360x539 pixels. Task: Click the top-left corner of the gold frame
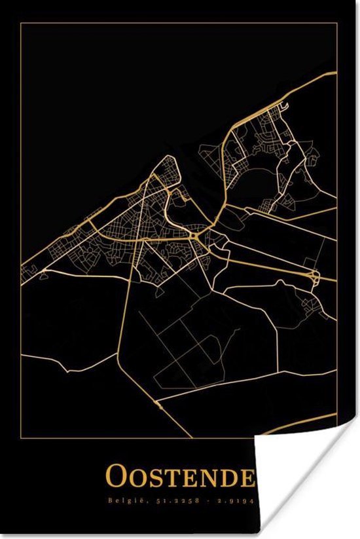(20, 23)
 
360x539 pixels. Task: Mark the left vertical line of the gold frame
(20, 262)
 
